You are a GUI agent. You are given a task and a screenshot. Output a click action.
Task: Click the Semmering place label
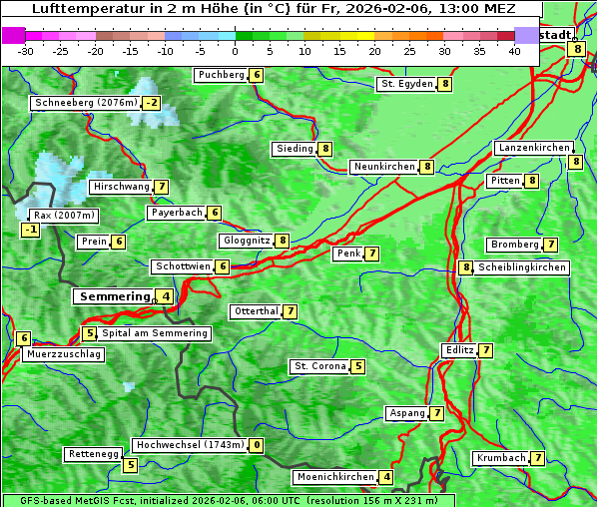click(113, 296)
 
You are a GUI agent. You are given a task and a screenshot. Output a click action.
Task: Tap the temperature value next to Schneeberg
click(151, 103)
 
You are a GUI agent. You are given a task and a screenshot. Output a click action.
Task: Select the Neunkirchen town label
click(383, 167)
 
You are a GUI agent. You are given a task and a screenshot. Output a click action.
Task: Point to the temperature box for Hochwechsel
click(257, 445)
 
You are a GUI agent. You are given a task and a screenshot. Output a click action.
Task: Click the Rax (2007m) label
click(63, 215)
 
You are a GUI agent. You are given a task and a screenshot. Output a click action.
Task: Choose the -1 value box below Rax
click(31, 231)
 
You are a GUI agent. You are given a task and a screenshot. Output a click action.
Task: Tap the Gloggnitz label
click(246, 241)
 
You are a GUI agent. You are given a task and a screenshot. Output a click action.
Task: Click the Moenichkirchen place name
click(335, 477)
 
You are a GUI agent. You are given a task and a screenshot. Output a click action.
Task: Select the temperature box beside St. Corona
click(358, 366)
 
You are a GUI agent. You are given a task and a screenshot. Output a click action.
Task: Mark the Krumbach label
click(500, 458)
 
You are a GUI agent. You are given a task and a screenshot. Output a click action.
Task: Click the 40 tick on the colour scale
click(514, 51)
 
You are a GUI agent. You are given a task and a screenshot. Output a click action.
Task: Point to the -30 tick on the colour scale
click(26, 51)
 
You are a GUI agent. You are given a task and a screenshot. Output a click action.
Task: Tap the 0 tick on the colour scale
click(236, 51)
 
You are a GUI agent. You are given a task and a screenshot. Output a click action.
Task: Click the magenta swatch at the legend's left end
click(13, 35)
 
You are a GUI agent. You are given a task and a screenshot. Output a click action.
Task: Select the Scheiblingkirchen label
click(521, 267)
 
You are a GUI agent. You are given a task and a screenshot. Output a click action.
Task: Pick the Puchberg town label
click(221, 75)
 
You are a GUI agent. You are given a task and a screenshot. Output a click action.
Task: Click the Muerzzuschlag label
click(64, 354)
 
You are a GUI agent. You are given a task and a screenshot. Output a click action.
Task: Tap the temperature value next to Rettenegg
click(130, 465)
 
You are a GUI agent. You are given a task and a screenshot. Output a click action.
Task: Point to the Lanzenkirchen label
click(534, 148)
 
